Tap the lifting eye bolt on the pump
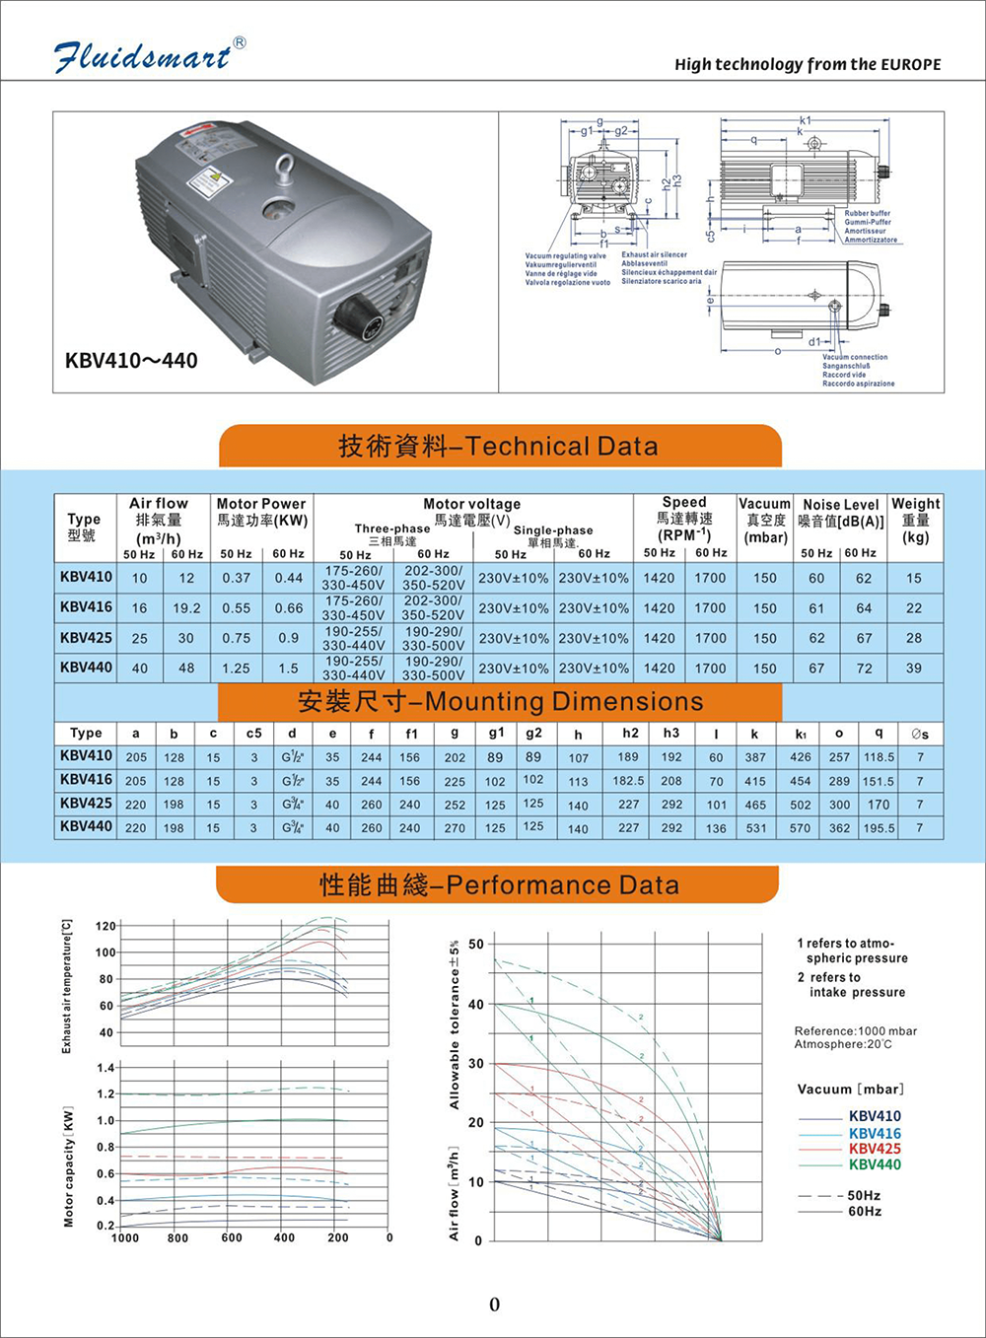click(288, 166)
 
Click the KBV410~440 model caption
click(131, 361)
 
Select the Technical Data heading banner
click(499, 447)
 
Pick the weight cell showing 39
click(914, 668)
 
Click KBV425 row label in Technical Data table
click(86, 638)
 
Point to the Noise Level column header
click(841, 513)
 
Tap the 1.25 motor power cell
click(236, 668)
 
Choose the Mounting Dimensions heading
click(500, 702)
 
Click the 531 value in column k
click(756, 828)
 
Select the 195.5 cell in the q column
click(879, 828)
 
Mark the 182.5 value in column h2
click(628, 781)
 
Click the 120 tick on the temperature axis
click(106, 926)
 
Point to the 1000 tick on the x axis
click(125, 1238)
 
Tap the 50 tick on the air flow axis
click(476, 945)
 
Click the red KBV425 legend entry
click(875, 1149)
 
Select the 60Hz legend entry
click(864, 1212)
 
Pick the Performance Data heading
click(499, 885)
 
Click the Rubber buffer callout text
click(867, 213)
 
